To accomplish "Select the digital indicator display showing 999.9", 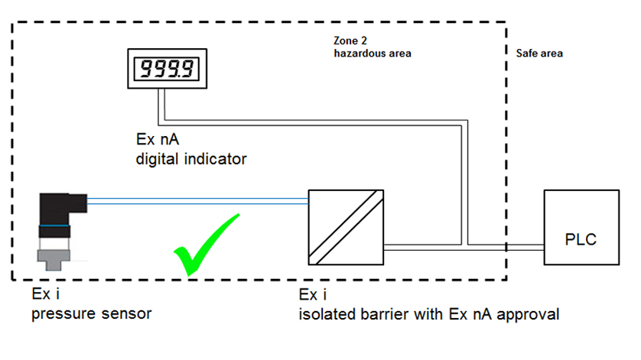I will point(167,70).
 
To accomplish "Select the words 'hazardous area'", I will point(373,54).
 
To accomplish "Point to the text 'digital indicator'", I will point(190,159).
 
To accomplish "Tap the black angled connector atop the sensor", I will point(62,207).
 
